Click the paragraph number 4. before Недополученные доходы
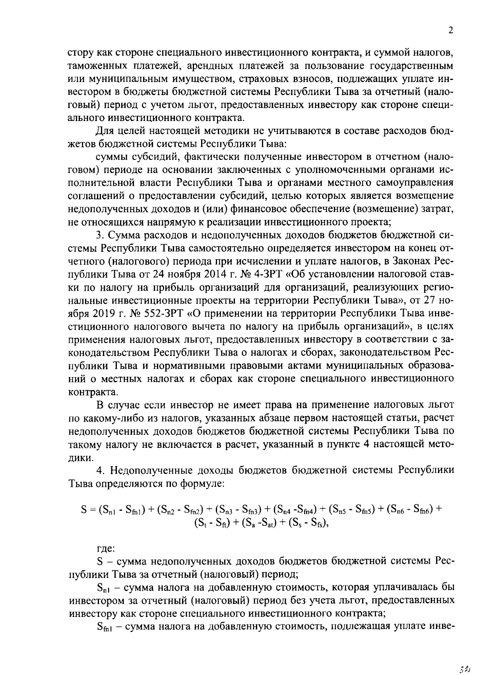click(x=100, y=470)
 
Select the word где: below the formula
click(x=106, y=549)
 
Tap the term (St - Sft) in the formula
click(x=212, y=523)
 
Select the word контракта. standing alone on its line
click(x=87, y=392)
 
